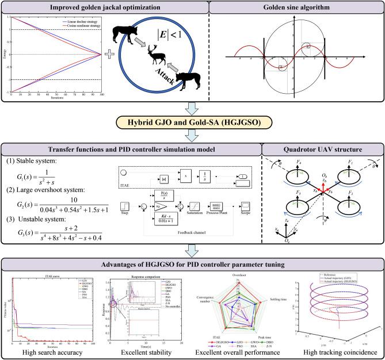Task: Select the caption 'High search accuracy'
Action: (x=47, y=351)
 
